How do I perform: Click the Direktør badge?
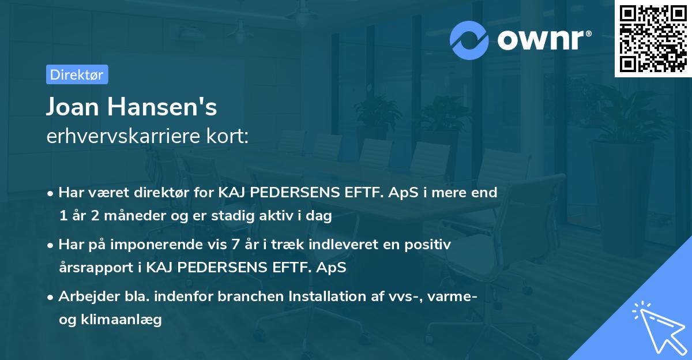pyautogui.click(x=77, y=74)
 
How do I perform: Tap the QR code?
pyautogui.click(x=653, y=39)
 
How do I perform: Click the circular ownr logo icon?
pyautogui.click(x=469, y=40)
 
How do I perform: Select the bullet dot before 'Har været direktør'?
pyautogui.click(x=51, y=193)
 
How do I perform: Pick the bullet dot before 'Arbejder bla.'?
pyautogui.click(x=51, y=297)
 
